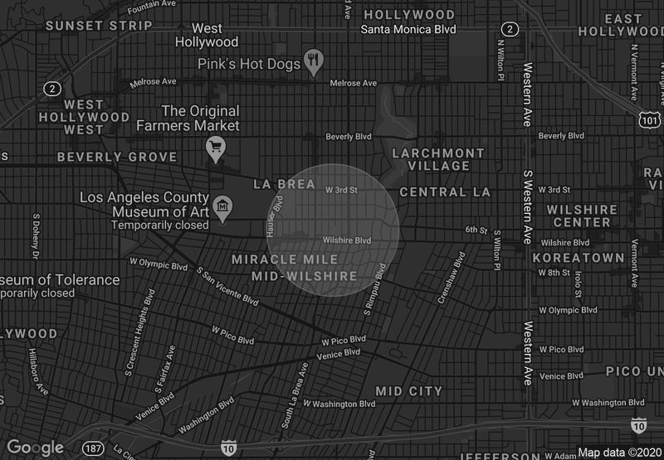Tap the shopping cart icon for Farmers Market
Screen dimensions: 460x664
pos(216,148)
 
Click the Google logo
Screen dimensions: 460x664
pos(35,448)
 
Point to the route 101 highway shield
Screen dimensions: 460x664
pos(650,122)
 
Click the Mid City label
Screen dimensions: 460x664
pos(409,390)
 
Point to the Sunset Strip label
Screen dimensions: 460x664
pos(99,26)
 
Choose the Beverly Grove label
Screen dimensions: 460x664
pos(117,157)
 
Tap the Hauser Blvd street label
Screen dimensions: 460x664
pos(274,216)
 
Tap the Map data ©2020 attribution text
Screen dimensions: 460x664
pos(619,453)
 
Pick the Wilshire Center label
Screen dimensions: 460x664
pos(583,215)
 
